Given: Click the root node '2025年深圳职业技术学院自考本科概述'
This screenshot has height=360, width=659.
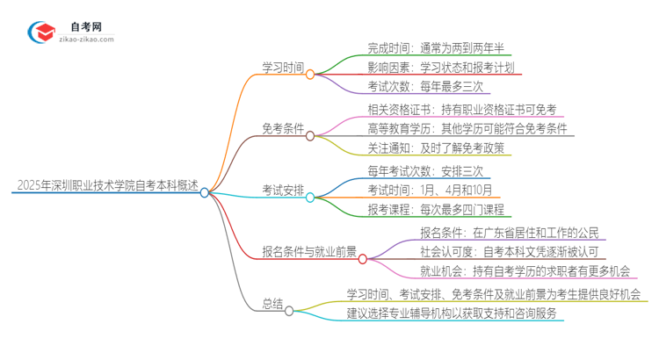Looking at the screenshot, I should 105,186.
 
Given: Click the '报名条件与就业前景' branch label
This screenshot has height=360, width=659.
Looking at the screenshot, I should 309,251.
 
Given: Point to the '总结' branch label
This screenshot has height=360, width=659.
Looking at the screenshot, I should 272,304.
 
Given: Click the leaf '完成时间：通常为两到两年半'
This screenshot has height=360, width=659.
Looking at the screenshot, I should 436,47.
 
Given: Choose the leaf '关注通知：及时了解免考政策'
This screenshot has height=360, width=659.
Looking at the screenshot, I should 437,148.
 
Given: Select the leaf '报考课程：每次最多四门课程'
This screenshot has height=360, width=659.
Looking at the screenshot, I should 436,211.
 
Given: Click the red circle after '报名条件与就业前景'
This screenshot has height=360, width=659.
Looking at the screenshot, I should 363,259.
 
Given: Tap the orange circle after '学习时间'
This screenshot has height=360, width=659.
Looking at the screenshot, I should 310,76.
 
